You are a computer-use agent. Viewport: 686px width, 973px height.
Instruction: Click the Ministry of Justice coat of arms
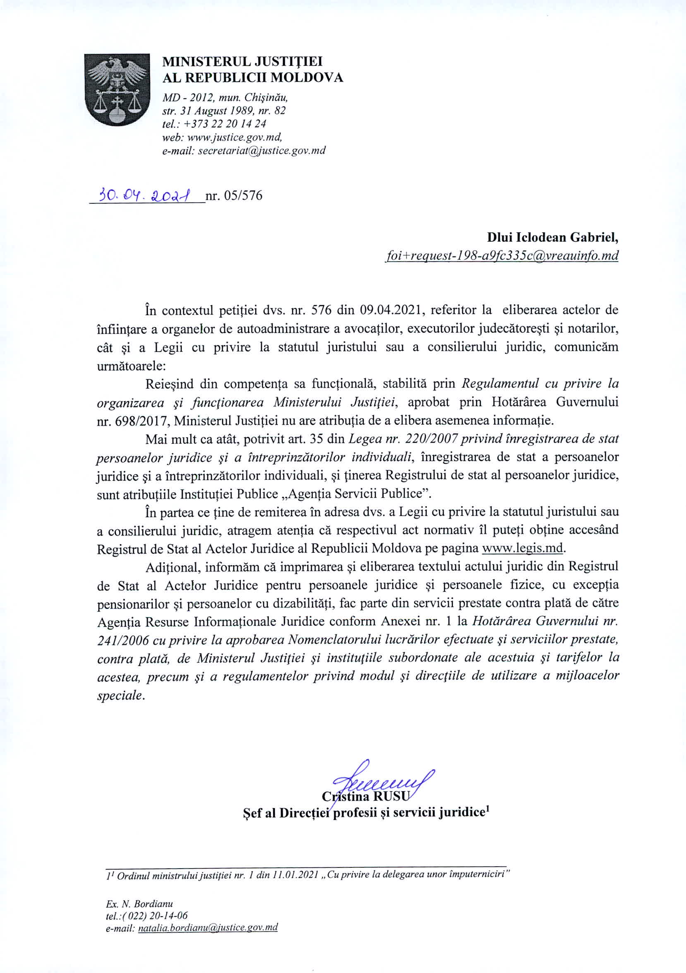coord(117,89)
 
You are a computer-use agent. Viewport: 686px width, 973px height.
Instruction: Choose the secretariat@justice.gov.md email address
coord(261,150)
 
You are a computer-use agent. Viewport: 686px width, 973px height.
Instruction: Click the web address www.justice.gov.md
coord(235,137)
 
